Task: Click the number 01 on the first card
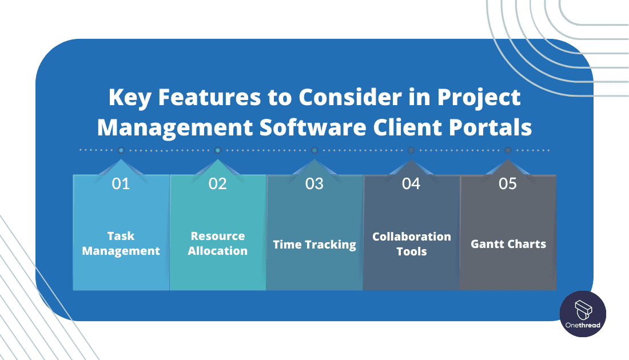121,183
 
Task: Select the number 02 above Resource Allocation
217,183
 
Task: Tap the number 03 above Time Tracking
314,183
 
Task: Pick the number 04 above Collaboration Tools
411,183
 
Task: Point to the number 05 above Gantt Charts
508,183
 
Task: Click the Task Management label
121,243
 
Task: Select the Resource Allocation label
218,243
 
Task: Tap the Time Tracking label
314,245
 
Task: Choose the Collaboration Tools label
412,243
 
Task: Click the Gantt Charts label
508,244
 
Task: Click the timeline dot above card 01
121,150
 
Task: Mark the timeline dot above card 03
314,150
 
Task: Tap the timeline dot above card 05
508,150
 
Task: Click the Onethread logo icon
583,309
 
